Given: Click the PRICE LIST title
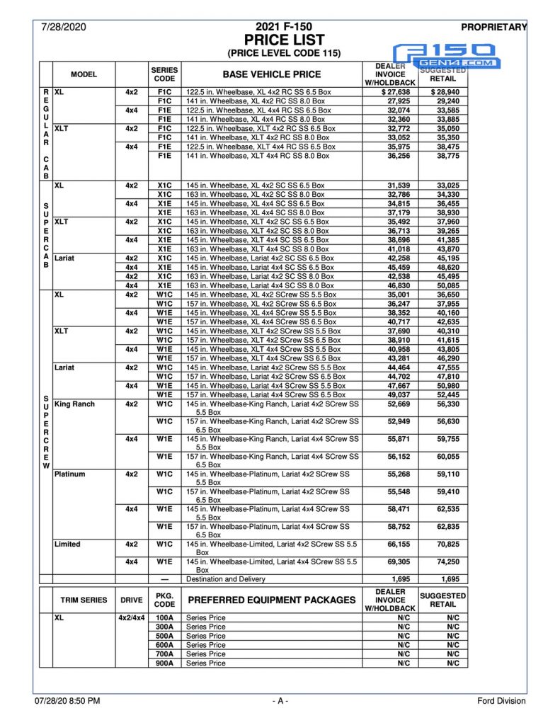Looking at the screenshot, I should pyautogui.click(x=283, y=40).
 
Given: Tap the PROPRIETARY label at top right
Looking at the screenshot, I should pyautogui.click(x=493, y=27).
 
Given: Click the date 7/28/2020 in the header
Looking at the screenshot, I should pyautogui.click(x=63, y=27).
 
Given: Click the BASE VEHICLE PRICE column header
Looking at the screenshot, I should pyautogui.click(x=271, y=74).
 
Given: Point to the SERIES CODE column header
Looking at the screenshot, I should pyautogui.click(x=164, y=74).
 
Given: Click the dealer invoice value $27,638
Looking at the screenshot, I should pyautogui.click(x=390, y=92).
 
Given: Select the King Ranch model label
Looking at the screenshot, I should pyautogui.click(x=74, y=404).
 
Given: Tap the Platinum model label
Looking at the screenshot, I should pyautogui.click(x=70, y=474).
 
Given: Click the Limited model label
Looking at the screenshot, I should pyautogui.click(x=67, y=544).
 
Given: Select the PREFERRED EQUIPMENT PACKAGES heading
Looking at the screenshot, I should pyautogui.click(x=270, y=600).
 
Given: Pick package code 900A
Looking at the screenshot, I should pyautogui.click(x=164, y=663).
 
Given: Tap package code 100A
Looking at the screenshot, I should pyautogui.click(x=164, y=617).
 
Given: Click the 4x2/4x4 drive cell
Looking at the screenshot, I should pyautogui.click(x=131, y=617).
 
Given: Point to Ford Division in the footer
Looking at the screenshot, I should pyautogui.click(x=501, y=701).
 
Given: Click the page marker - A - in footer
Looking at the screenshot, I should pyautogui.click(x=280, y=701).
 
